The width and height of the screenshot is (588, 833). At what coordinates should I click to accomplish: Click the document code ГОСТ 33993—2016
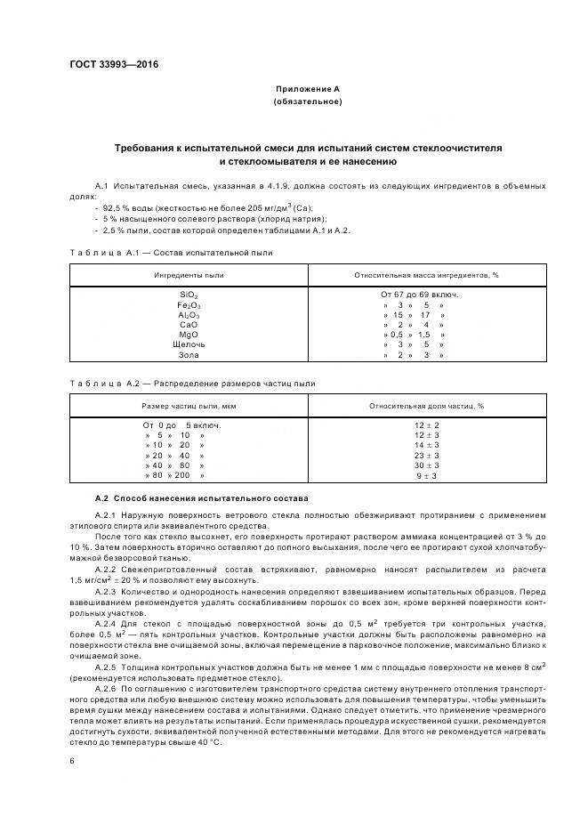tap(108, 65)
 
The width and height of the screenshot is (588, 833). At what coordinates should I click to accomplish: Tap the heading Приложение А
tap(307, 90)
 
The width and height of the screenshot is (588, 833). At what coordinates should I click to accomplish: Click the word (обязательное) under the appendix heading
tap(307, 102)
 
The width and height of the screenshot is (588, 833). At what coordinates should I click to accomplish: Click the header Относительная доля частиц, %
tap(426, 406)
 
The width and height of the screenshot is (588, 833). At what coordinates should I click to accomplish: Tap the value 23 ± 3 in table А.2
tap(426, 455)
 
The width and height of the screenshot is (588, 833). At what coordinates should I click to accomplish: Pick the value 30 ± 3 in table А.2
tap(426, 465)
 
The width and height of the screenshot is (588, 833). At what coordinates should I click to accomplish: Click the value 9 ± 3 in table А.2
tap(426, 476)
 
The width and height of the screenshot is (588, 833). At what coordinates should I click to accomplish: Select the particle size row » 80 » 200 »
tap(175, 476)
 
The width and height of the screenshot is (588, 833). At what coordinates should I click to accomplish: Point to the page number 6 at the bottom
tap(71, 761)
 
